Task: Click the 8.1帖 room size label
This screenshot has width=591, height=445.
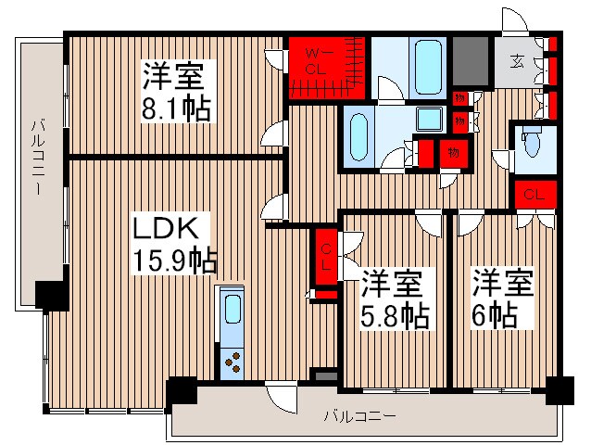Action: coord(176,90)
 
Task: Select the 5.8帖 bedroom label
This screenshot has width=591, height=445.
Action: coord(394,299)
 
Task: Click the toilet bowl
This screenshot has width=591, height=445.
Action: coord(532,146)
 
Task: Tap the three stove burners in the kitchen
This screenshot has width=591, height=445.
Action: coord(232,361)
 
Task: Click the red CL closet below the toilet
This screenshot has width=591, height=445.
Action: coord(534,195)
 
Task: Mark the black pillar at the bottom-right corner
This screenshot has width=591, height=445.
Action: coord(559,389)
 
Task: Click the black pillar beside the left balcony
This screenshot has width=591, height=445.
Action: coord(52,294)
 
